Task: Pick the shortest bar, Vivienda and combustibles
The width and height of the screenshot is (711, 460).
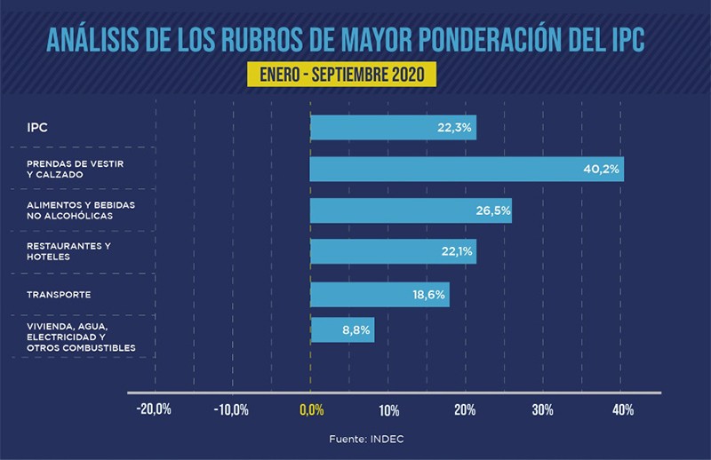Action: click(x=342, y=330)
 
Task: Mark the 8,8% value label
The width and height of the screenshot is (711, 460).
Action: click(x=355, y=330)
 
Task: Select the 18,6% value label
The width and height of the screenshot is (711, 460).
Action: click(x=429, y=294)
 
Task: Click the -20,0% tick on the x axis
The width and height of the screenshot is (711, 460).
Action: click(x=154, y=409)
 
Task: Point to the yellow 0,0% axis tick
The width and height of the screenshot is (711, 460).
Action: click(x=311, y=409)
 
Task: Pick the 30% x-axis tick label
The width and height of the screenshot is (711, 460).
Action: click(x=543, y=409)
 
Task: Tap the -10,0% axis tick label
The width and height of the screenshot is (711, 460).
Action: click(x=232, y=409)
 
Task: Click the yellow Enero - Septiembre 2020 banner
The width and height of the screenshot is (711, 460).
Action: click(x=342, y=73)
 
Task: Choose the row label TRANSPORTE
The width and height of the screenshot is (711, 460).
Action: click(x=59, y=294)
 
